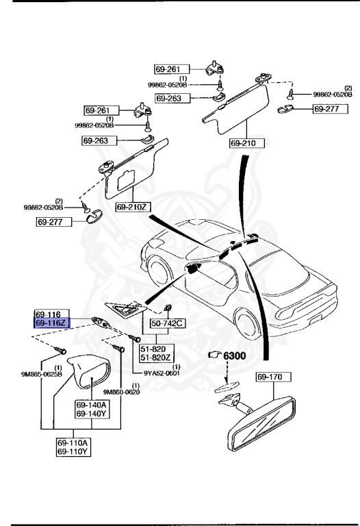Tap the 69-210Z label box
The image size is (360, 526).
133,206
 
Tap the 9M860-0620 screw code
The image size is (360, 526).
122,392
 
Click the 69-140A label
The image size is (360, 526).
90,405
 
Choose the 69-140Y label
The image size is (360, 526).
90,414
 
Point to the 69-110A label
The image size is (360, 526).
72,443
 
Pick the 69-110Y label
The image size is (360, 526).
72,451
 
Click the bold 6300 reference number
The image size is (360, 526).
235,355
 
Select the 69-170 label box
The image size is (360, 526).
274,377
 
